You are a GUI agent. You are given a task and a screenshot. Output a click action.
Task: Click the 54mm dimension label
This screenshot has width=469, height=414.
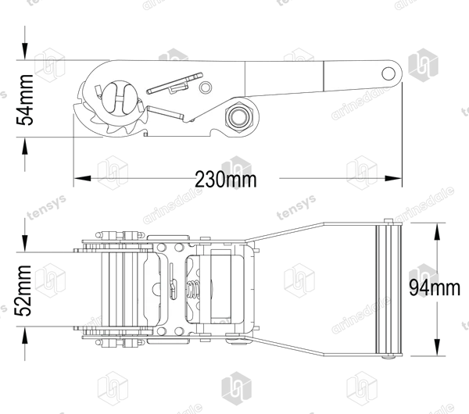tap(24, 99)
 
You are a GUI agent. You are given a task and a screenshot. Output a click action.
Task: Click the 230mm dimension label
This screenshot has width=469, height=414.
tap(226, 180)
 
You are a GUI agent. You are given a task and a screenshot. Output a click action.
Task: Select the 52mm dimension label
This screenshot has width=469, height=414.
tap(23, 291)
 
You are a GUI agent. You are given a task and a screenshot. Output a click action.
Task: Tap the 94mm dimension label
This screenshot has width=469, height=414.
tap(435, 287)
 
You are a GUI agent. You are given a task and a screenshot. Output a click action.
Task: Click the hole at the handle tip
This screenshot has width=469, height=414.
tap(388, 73)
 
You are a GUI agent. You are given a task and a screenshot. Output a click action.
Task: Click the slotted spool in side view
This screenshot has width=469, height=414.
tap(120, 97)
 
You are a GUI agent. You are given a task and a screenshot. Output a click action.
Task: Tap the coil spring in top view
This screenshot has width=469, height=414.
tap(193, 290)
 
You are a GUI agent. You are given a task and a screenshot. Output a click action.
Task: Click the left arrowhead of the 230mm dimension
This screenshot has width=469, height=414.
tap(82, 178)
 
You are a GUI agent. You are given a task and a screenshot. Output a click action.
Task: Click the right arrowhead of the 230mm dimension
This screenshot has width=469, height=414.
tap(393, 178)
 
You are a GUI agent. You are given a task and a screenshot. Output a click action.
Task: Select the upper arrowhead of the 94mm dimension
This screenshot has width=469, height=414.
tap(437, 232)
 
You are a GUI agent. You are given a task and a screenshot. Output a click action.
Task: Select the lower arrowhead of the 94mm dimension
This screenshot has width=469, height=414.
tap(437, 347)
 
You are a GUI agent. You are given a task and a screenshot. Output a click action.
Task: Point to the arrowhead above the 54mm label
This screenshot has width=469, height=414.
tap(25, 52)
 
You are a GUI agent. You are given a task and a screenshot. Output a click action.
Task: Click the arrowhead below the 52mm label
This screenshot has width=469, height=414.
tap(25, 335)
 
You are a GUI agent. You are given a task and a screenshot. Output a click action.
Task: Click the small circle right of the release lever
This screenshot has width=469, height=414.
tap(205, 87)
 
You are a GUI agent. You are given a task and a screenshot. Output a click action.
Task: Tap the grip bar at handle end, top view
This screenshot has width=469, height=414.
tap(388, 289)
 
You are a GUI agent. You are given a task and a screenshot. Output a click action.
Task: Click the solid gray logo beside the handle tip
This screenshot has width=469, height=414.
tap(423, 65)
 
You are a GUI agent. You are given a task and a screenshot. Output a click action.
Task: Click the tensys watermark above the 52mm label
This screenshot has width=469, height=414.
tap(47, 207)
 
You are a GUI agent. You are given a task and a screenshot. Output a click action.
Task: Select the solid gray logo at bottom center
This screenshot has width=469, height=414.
tap(236, 388)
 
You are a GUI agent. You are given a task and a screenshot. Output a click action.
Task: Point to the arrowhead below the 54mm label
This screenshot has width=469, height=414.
tap(25, 146)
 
